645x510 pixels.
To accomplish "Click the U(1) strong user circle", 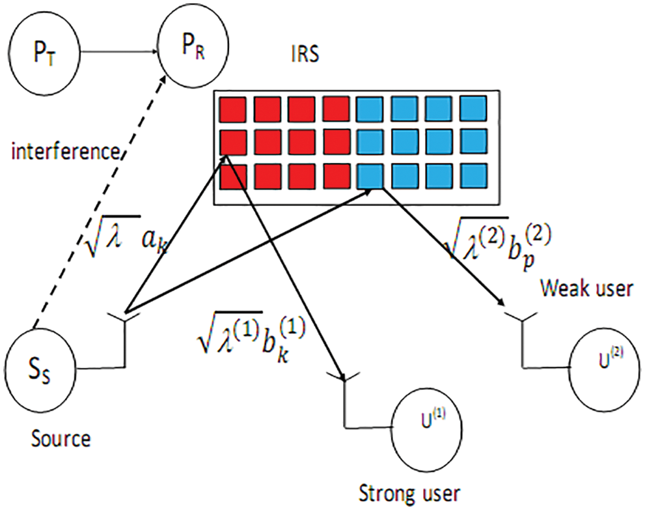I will tap(427, 434).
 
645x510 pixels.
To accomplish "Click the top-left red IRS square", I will tap(232, 109).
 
